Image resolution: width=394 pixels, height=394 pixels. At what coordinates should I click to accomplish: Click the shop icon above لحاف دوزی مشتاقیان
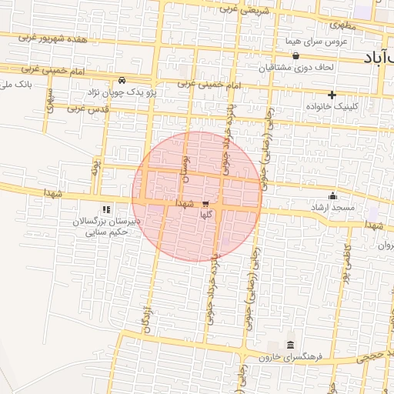coord(296,55)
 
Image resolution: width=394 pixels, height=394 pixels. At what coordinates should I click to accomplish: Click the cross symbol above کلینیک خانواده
coord(332,94)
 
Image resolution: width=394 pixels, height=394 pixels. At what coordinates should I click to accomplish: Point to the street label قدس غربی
coord(84,110)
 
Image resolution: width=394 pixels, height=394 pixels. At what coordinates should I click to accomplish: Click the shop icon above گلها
coord(205,205)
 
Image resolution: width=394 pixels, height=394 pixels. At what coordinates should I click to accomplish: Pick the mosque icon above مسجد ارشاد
coord(332,195)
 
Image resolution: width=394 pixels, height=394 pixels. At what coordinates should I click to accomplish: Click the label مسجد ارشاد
coord(332,208)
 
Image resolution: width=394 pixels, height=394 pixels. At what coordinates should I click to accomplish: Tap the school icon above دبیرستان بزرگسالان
coord(106,209)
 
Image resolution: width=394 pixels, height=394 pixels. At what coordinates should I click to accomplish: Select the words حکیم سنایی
coord(101,231)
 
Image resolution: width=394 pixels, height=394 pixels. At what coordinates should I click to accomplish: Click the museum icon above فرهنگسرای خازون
coord(290,345)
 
